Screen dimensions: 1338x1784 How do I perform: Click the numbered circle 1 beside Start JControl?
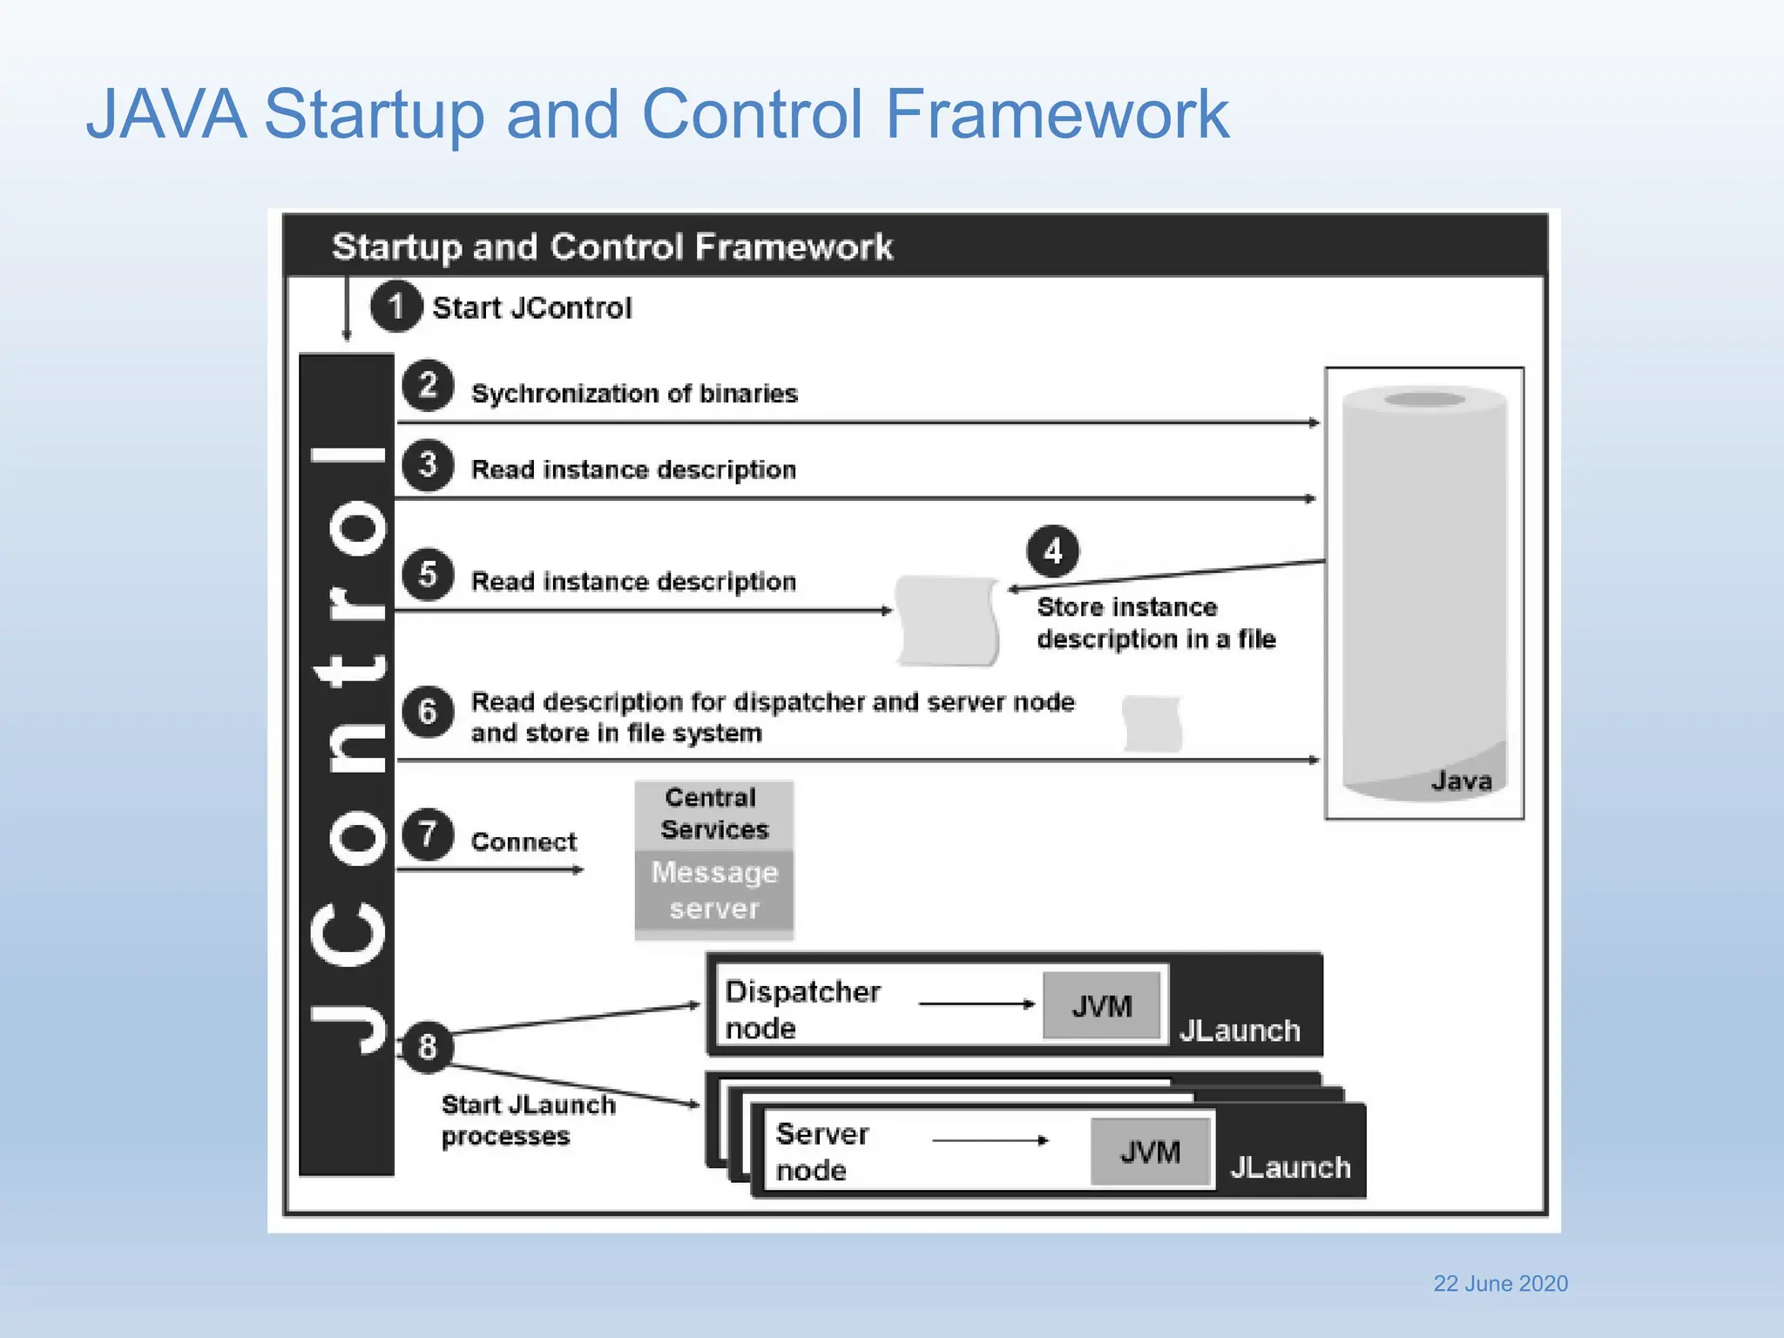tap(396, 306)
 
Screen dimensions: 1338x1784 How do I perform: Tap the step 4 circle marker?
tap(1052, 551)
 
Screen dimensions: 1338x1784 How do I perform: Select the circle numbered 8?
tap(427, 1046)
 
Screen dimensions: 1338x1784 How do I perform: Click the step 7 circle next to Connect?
tap(427, 835)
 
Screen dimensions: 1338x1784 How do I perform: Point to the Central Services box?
tap(713, 814)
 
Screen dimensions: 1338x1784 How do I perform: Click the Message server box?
tap(713, 890)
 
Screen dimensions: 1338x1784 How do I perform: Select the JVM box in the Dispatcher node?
tap(1102, 1006)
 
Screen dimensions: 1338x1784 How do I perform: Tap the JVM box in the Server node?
tap(1150, 1152)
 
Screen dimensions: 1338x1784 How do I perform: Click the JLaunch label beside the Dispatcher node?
tap(1239, 1031)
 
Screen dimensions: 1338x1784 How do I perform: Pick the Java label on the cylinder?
tap(1461, 780)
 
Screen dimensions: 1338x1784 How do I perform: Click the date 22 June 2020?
tap(1500, 1283)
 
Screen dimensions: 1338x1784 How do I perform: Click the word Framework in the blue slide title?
tap(1056, 114)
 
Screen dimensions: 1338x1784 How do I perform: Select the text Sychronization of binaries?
tap(634, 394)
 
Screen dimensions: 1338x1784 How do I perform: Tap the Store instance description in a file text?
tap(1155, 623)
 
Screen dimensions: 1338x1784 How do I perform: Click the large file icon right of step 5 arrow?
tap(947, 620)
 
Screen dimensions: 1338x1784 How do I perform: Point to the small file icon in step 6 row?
tap(1152, 723)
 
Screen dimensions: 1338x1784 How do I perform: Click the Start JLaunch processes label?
tap(527, 1120)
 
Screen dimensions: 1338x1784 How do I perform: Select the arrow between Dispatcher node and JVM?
tap(976, 1004)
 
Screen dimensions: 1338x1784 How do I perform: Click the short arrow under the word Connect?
tap(490, 869)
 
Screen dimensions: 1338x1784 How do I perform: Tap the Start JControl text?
tap(531, 307)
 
